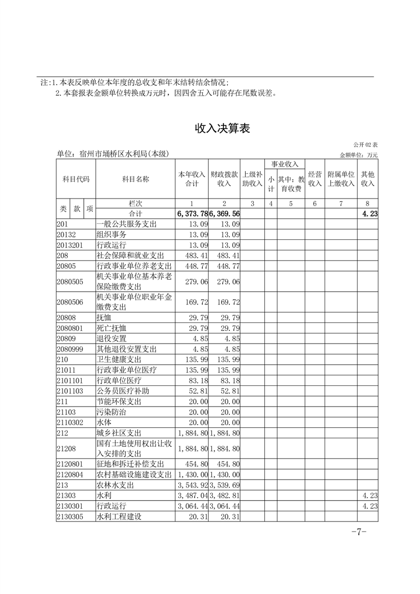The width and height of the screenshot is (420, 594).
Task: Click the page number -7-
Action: pos(359,532)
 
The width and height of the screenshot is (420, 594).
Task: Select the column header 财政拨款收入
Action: pos(225,179)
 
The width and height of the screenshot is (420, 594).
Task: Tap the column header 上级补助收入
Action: pos(252,179)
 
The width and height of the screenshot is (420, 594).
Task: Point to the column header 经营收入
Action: pos(315,179)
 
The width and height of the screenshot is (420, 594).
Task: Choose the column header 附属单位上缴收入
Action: pos(341,179)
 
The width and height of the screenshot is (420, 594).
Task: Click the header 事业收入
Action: pos(285,164)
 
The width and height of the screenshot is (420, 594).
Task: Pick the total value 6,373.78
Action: pos(192,214)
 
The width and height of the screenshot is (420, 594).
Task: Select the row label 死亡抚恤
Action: pos(112,328)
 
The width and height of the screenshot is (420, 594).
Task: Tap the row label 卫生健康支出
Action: pos(119,359)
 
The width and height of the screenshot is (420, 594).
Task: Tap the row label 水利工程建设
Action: pos(119,517)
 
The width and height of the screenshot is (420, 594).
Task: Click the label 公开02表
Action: pos(365,145)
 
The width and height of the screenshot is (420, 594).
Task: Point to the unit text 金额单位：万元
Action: pos(359,155)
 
